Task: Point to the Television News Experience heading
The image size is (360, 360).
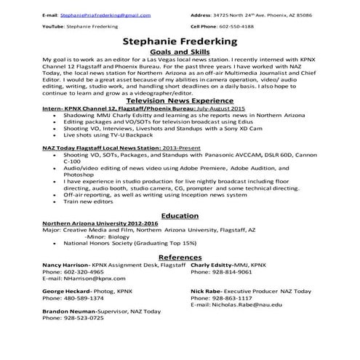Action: tap(180, 101)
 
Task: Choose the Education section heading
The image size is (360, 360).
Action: tap(180, 216)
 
